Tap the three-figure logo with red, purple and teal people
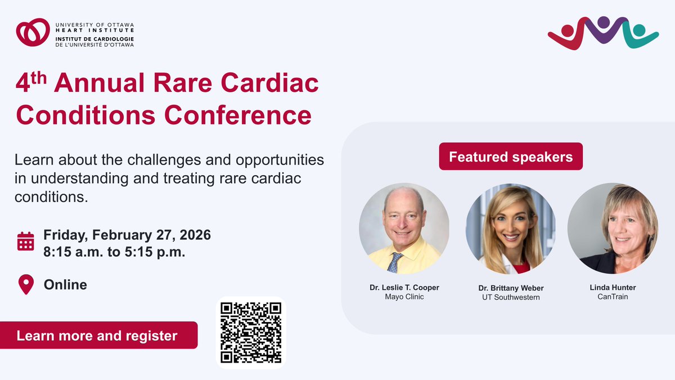tap(602, 33)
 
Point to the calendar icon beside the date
tap(26, 240)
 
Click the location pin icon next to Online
tap(26, 285)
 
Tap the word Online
tap(65, 285)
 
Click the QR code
tap(251, 333)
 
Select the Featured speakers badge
tap(511, 157)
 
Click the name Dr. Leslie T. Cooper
tap(404, 287)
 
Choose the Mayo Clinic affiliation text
tap(404, 297)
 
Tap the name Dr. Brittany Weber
tap(511, 288)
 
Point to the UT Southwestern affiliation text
tap(511, 297)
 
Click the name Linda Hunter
tap(613, 287)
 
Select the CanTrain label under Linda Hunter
tap(613, 297)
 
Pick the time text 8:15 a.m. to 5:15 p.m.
tap(115, 252)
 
